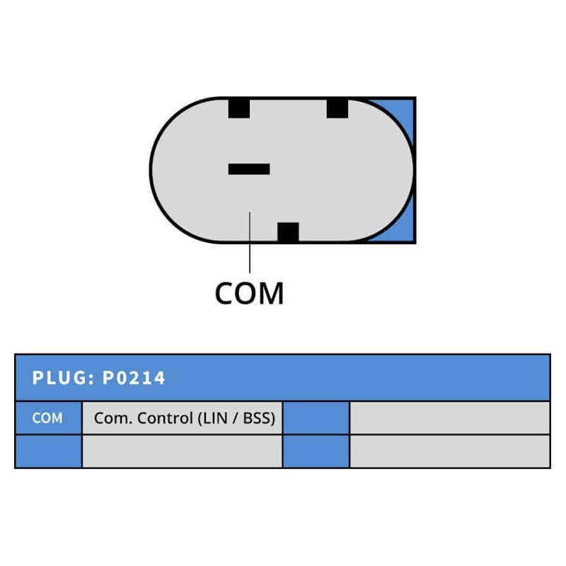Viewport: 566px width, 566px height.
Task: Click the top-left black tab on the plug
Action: [239, 108]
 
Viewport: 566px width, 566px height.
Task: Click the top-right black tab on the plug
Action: [337, 108]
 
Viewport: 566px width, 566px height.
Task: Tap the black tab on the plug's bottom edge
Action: [288, 232]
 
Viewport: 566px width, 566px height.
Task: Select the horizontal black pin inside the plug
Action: [249, 169]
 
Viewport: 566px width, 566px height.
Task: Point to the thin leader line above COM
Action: [250, 243]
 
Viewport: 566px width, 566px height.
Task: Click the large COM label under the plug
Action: [250, 293]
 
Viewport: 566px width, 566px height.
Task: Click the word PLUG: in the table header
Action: [63, 378]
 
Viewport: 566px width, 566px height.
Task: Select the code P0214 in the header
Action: [134, 378]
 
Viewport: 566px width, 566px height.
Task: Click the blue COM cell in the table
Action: [48, 418]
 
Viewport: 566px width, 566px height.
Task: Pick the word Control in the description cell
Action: [165, 418]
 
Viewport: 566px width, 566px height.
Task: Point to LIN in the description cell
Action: [216, 418]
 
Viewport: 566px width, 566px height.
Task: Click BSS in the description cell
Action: [257, 418]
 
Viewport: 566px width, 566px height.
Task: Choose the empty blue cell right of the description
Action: [316, 418]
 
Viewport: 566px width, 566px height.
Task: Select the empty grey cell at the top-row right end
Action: [450, 418]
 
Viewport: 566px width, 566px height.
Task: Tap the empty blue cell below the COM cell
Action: [48, 451]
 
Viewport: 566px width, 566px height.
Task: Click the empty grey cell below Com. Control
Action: [183, 451]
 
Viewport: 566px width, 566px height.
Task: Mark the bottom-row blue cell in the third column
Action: [316, 451]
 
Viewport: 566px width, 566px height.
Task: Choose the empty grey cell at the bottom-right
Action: [450, 451]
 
